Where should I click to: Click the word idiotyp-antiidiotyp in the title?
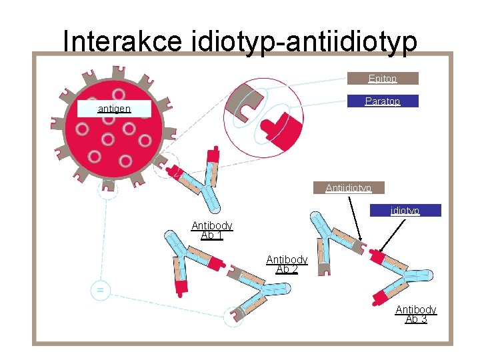point(304,41)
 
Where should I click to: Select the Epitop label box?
point(383,79)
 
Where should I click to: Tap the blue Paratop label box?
point(383,101)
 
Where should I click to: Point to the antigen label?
point(114,108)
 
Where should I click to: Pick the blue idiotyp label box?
point(405,211)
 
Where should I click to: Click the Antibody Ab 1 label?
point(211,231)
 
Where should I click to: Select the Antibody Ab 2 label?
point(287,264)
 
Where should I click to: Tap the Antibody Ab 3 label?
point(415,314)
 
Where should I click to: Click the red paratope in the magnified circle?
point(281,128)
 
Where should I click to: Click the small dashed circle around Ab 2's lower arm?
point(234,315)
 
